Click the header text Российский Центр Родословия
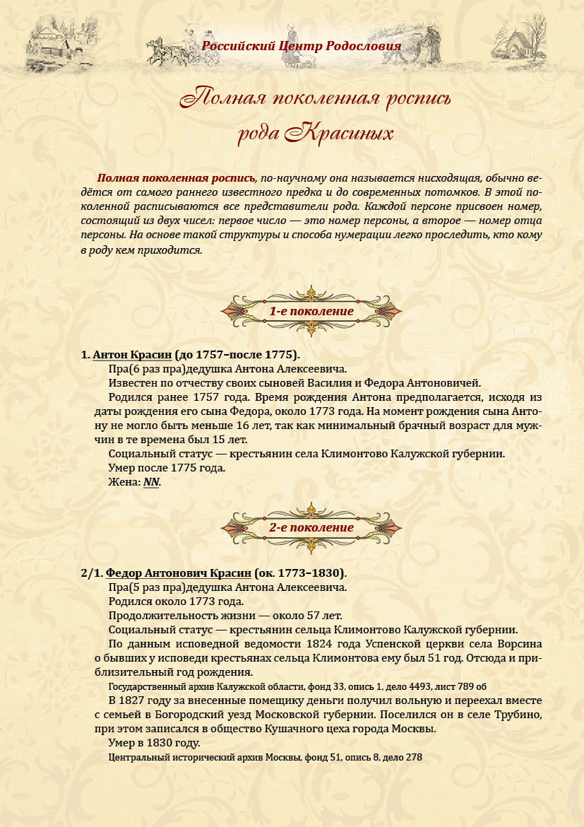[302, 47]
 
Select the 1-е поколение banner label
[311, 311]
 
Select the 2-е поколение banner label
[311, 527]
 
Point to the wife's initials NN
[152, 482]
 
